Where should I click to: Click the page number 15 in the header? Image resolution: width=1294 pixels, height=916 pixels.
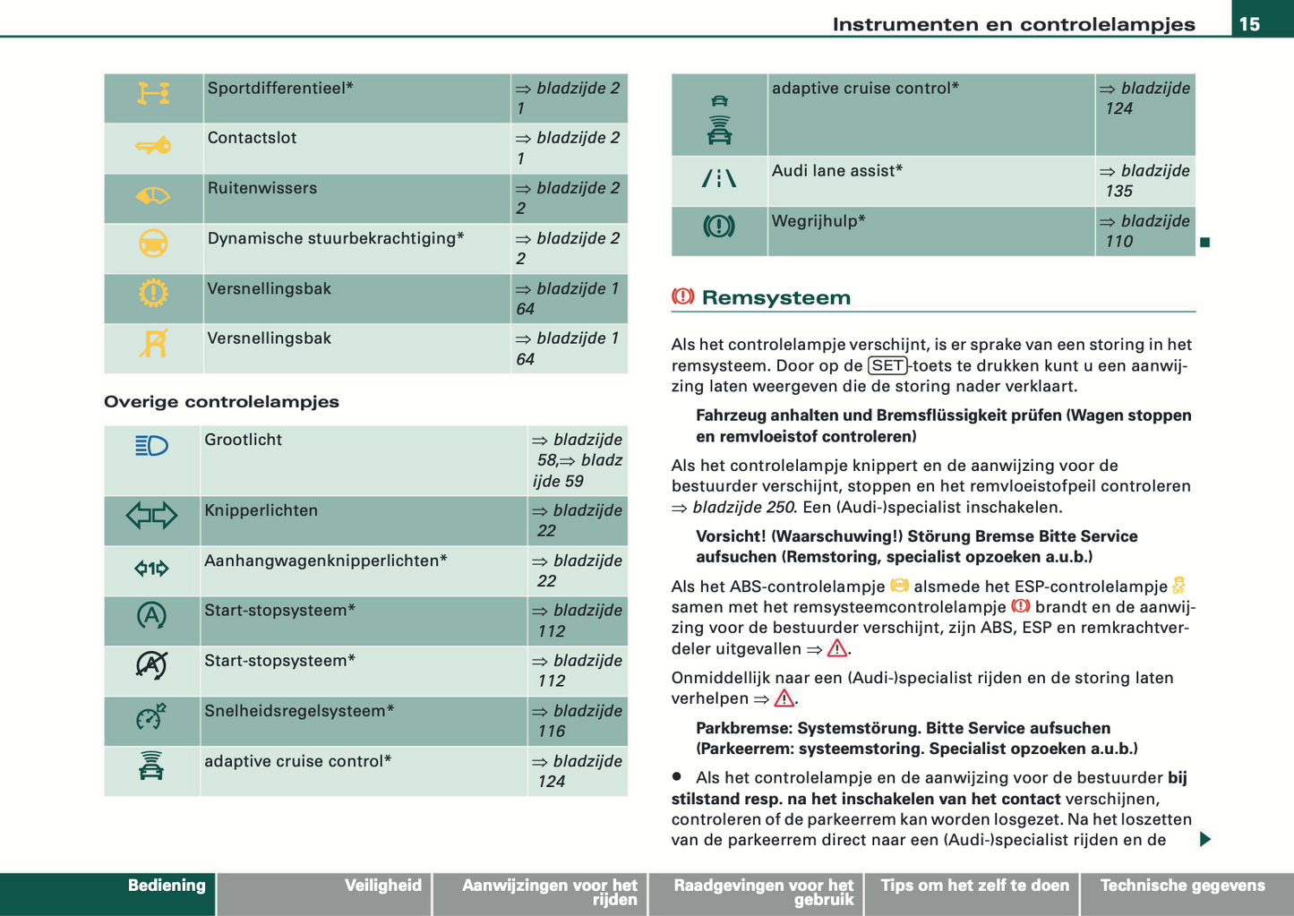[x=1249, y=24]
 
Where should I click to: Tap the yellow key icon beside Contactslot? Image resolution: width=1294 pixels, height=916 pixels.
[x=153, y=146]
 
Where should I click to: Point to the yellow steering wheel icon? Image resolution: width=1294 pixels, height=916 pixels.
[x=153, y=244]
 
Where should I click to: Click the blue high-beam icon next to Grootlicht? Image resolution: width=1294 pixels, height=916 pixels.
[x=151, y=445]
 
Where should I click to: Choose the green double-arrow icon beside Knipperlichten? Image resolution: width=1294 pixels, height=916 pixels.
[x=151, y=515]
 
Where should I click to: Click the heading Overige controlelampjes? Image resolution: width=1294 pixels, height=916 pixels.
[x=221, y=401]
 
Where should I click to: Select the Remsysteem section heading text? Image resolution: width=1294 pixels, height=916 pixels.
[x=776, y=297]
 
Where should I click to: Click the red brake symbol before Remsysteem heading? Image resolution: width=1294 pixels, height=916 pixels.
[x=683, y=296]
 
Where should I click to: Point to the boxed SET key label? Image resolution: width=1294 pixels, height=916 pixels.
[x=887, y=365]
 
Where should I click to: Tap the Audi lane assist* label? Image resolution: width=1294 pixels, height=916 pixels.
[x=836, y=170]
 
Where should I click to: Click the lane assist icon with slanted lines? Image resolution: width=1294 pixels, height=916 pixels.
[x=718, y=179]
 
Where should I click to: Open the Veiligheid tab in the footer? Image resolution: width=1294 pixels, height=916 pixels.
[x=382, y=886]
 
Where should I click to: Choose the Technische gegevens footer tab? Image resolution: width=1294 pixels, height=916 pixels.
[x=1182, y=886]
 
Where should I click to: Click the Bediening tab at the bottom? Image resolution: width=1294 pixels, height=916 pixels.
[x=167, y=886]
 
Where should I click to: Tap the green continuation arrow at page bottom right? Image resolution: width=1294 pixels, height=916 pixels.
[x=1205, y=839]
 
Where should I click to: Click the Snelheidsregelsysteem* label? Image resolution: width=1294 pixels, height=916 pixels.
[x=299, y=711]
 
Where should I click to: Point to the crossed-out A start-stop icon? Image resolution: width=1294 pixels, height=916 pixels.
[x=151, y=665]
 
